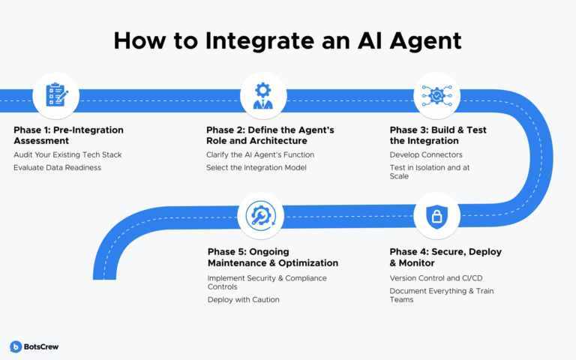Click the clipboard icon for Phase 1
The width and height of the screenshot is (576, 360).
coord(56,95)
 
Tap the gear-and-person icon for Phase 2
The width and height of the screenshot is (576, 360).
coord(263,96)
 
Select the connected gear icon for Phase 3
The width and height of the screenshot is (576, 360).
coord(436,96)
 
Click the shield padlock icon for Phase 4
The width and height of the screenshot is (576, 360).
coord(436,217)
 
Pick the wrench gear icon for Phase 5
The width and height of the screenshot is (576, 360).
coord(260,216)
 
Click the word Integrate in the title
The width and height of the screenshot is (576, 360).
coord(259,41)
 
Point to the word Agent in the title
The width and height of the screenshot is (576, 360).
coord(425,41)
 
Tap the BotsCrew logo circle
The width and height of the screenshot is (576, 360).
coord(16,346)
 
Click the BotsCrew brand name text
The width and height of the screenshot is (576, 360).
coord(41,346)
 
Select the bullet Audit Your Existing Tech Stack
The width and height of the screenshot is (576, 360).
coord(67,155)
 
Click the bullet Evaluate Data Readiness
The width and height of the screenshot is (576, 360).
coord(57,167)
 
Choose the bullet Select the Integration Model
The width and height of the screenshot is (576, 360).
coord(256,167)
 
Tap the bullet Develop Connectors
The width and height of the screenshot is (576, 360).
coord(426,155)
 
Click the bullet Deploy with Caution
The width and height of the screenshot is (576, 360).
coord(243,300)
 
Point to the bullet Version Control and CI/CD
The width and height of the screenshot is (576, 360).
coord(436,278)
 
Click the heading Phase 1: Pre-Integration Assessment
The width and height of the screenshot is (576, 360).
coord(69,135)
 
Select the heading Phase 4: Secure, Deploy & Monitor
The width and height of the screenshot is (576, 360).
coord(445,257)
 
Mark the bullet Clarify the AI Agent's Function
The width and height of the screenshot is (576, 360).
coord(260,155)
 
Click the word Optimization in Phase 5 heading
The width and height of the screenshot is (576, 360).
coord(308,263)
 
